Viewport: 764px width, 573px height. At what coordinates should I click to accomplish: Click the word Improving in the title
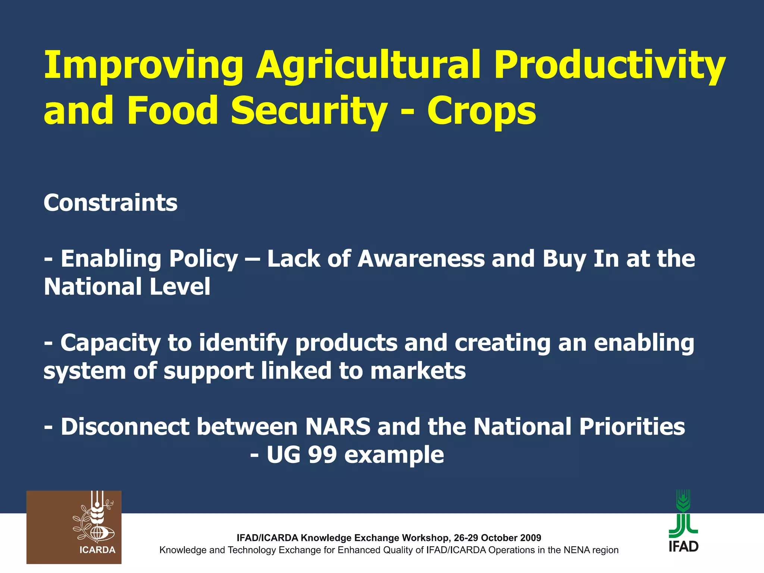(x=143, y=65)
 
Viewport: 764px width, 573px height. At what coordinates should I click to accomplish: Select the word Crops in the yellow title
(x=481, y=111)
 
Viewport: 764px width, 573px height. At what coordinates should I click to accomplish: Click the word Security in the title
(x=309, y=111)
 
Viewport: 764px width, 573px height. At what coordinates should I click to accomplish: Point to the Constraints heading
(x=110, y=203)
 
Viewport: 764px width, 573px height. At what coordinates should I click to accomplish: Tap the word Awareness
(x=421, y=259)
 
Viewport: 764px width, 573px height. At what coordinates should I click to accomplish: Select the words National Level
(x=127, y=287)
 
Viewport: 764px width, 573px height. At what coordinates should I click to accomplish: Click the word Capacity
(x=110, y=344)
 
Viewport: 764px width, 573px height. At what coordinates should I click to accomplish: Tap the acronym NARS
(x=338, y=427)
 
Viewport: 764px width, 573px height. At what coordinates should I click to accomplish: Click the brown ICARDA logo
(x=74, y=527)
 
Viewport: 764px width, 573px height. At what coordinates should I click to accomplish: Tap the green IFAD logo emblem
(x=683, y=513)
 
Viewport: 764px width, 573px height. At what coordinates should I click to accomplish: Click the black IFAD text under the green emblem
(x=683, y=547)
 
